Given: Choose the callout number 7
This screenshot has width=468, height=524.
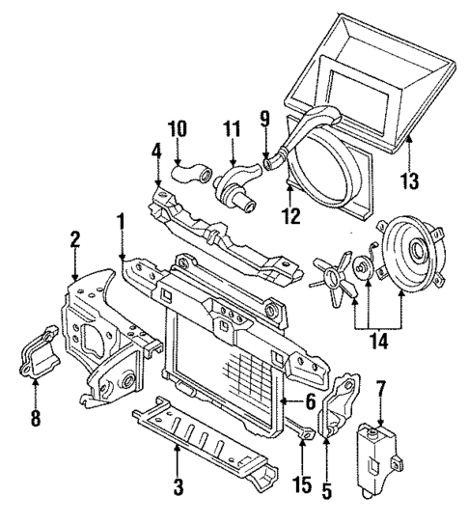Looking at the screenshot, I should click(381, 390).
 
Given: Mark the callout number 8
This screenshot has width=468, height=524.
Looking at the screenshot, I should click(35, 418).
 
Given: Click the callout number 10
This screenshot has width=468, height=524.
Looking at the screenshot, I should click(178, 128).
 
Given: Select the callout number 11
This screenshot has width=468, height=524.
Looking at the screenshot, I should click(232, 128).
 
